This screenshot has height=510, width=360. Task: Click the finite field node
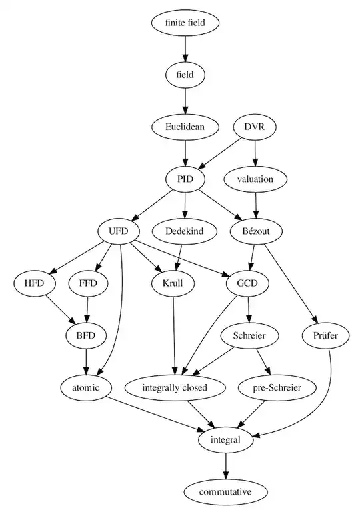click(x=184, y=22)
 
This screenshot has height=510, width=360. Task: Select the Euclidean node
click(x=184, y=126)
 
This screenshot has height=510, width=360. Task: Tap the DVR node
click(x=256, y=126)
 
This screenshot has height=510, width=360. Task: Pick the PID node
click(x=184, y=178)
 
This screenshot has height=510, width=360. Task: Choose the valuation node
click(x=256, y=178)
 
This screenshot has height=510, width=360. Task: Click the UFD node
click(x=118, y=231)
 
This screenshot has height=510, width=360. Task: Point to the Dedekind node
click(x=184, y=231)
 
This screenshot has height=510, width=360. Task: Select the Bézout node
click(x=256, y=231)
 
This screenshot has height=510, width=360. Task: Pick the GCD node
click(x=247, y=283)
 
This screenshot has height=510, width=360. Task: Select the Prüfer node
click(x=329, y=335)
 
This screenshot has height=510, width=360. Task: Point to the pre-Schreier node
click(x=276, y=387)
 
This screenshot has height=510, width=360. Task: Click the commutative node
click(x=225, y=491)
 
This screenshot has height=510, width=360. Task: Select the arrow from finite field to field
click(x=184, y=48)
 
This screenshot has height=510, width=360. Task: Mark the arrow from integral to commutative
click(x=225, y=465)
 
